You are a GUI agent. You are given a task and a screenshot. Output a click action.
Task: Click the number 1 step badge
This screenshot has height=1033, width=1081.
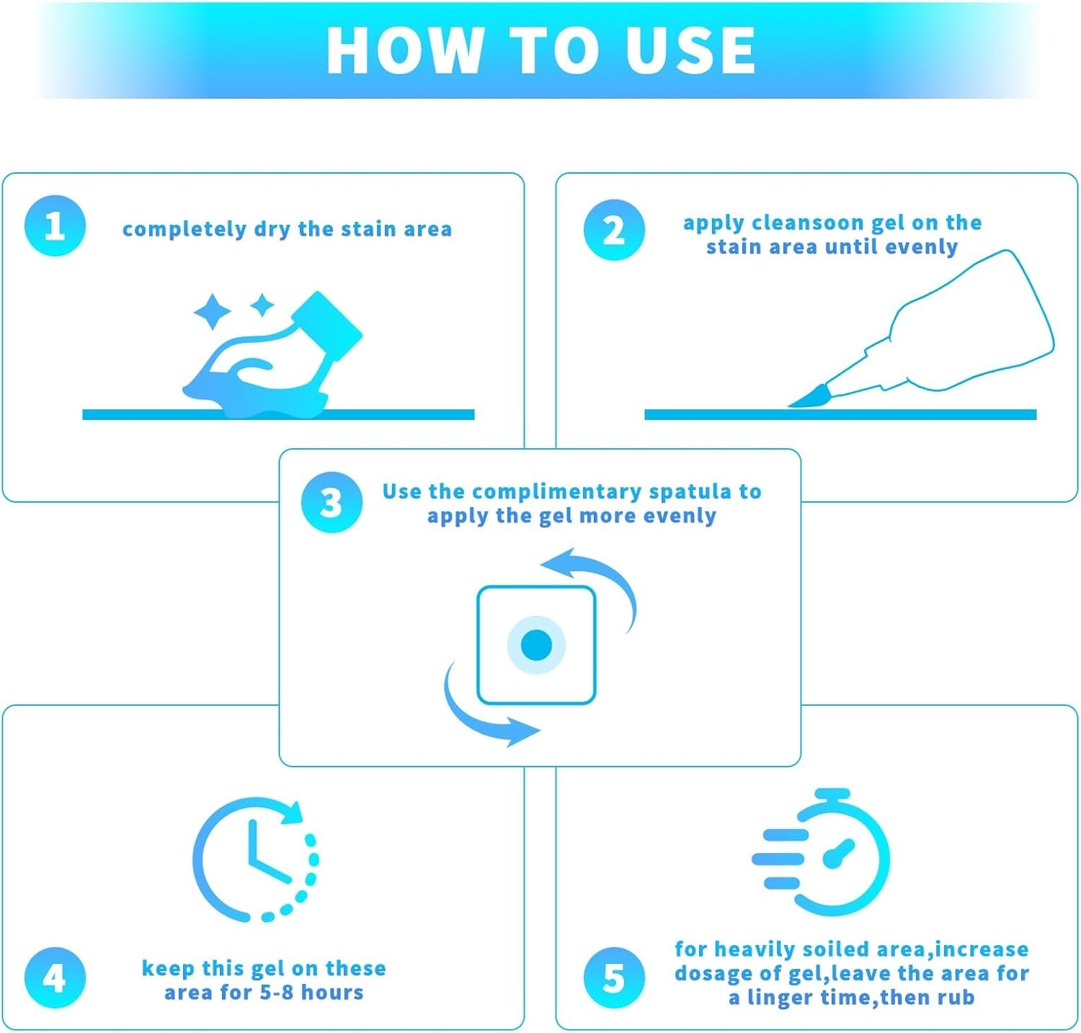point(55,226)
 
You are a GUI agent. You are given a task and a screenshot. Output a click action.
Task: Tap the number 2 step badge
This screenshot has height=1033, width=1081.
point(614,231)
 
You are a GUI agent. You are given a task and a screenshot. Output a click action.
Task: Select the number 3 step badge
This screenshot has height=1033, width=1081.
point(332,502)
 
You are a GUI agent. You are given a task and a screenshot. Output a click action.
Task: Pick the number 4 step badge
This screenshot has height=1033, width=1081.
point(55,978)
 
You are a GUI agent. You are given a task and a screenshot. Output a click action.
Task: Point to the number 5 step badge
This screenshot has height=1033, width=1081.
point(614,978)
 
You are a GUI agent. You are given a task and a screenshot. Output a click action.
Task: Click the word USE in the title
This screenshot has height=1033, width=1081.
point(690,50)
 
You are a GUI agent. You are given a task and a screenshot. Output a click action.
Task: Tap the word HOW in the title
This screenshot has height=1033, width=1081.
point(404,50)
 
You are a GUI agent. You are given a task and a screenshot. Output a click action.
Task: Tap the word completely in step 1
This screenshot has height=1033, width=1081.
point(184,230)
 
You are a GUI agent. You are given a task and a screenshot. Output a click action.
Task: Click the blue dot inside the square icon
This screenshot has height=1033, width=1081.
point(536,645)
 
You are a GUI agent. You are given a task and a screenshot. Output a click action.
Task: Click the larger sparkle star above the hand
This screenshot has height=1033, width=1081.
point(213,312)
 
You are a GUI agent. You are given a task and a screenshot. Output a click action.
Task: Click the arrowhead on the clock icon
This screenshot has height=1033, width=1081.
point(291,813)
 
